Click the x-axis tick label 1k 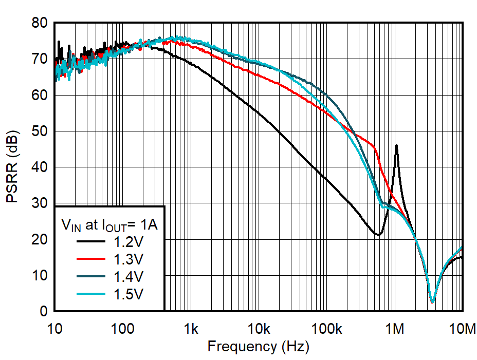coord(191,328)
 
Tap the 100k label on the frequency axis coord(326,328)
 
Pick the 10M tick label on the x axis coord(462,328)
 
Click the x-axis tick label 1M coord(395,328)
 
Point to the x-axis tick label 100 coord(123,328)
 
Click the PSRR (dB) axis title coord(13,167)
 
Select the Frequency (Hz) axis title coord(259,347)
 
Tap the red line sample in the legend coord(92,258)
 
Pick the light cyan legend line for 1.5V coord(92,294)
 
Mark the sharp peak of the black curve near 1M coord(396,145)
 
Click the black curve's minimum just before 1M coord(378,235)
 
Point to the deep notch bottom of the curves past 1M coord(432,302)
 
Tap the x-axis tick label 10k coord(259,328)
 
